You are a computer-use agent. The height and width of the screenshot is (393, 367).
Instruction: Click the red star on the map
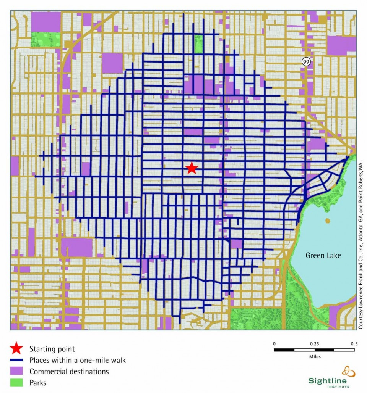click(x=192, y=168)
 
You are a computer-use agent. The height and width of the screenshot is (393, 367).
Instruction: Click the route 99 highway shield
click(x=305, y=61)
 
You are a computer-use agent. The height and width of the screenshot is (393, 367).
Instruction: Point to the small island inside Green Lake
click(x=327, y=221)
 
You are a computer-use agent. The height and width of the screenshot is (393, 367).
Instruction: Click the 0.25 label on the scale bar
click(x=314, y=343)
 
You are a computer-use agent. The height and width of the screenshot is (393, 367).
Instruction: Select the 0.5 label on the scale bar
click(x=354, y=343)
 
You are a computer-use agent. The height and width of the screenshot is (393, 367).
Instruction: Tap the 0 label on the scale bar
click(x=274, y=343)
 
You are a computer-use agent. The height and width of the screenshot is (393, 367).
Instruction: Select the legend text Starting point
click(x=52, y=349)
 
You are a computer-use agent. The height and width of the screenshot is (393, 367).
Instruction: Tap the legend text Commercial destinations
click(x=69, y=371)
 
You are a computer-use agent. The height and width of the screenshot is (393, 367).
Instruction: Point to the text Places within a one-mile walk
click(x=78, y=360)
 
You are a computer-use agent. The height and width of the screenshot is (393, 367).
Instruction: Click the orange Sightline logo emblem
click(x=348, y=372)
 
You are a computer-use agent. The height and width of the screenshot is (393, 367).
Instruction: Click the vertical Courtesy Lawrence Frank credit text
click(x=361, y=244)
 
